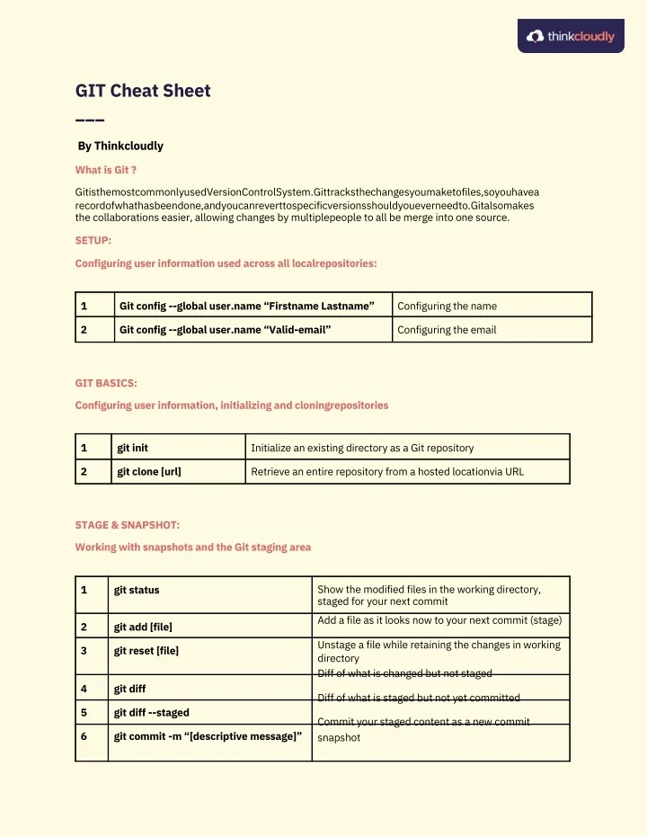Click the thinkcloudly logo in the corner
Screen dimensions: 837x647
tap(571, 36)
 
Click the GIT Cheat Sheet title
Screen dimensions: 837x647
tap(143, 91)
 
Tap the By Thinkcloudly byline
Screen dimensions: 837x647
tap(120, 146)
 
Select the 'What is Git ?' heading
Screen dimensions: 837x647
tap(106, 169)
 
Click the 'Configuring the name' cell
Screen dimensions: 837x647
tap(447, 306)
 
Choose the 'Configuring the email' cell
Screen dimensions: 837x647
tap(447, 330)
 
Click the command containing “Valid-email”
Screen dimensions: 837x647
tap(226, 330)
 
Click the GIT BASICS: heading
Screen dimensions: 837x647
tap(106, 383)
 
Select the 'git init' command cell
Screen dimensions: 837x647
tap(133, 447)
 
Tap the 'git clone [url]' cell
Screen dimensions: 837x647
tap(149, 471)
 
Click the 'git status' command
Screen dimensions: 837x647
tap(137, 590)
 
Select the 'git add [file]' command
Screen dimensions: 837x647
tap(143, 627)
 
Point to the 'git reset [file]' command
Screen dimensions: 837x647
tap(146, 651)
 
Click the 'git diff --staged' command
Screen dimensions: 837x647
tap(151, 712)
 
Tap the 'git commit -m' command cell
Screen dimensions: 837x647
tap(208, 736)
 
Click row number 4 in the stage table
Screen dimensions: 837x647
tap(84, 689)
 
